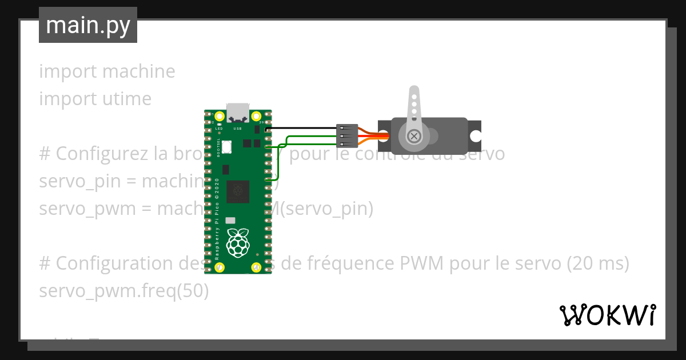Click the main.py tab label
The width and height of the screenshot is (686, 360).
(x=88, y=25)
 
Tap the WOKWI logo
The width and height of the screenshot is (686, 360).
(x=607, y=315)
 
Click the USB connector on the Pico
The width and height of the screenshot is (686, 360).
(x=237, y=113)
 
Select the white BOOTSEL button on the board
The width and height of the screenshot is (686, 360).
(x=228, y=146)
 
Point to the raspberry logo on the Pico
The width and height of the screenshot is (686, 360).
(x=238, y=242)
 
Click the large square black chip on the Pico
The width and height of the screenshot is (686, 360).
(x=238, y=191)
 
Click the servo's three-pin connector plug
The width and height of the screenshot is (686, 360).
(x=347, y=136)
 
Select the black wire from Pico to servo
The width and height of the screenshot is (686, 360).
(x=303, y=128)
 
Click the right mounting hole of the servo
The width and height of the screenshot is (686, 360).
(x=476, y=136)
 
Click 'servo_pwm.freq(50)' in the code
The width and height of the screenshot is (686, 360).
(x=124, y=291)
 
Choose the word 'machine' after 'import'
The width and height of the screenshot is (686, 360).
(x=138, y=71)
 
